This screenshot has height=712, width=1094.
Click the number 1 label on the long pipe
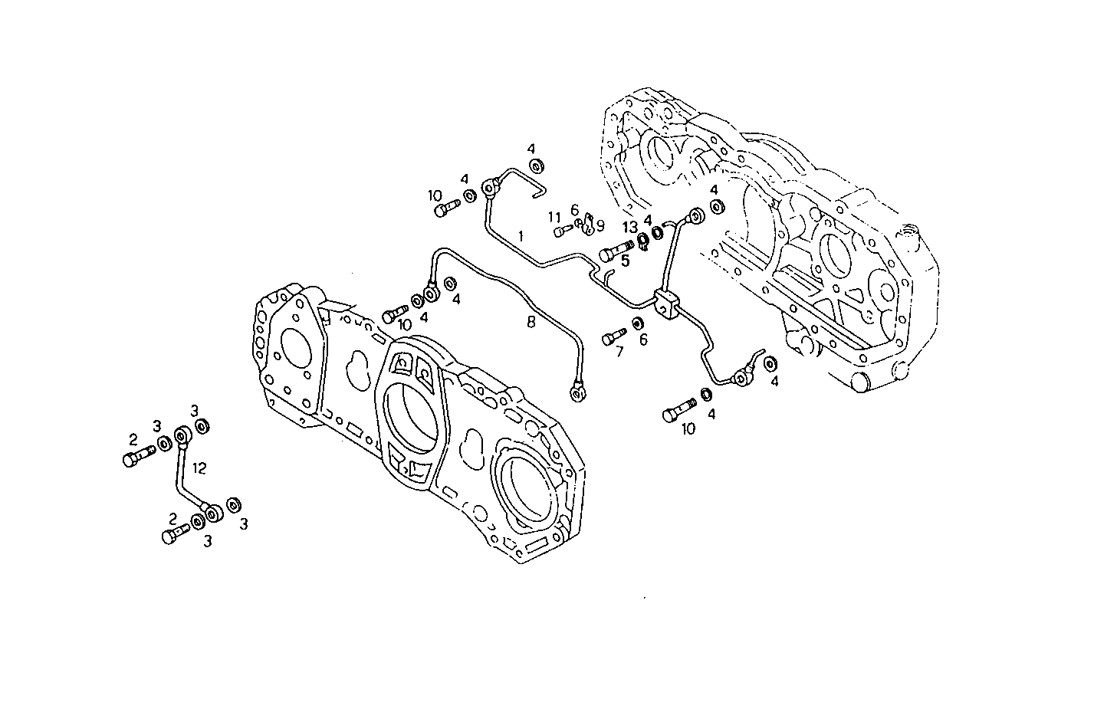[521, 237]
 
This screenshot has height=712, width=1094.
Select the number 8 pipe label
[531, 323]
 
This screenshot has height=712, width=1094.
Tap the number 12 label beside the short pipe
[199, 467]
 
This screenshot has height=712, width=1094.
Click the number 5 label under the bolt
[625, 261]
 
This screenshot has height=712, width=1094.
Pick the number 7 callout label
[619, 352]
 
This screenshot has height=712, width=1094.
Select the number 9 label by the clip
[600, 225]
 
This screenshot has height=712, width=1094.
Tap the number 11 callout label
[555, 217]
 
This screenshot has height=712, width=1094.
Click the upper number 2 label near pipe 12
[133, 440]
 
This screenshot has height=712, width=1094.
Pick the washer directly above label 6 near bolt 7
[638, 322]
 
